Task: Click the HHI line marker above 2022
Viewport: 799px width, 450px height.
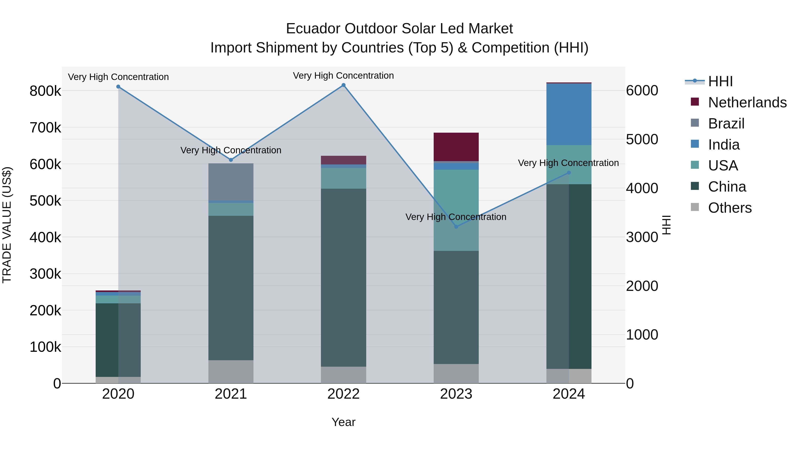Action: pyautogui.click(x=343, y=85)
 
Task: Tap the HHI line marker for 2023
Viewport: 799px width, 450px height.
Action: pyautogui.click(x=456, y=227)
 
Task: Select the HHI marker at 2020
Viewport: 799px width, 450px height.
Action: pyautogui.click(x=118, y=87)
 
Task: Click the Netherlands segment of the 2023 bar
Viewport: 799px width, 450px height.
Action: pyautogui.click(x=456, y=147)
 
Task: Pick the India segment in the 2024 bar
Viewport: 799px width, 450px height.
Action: pyautogui.click(x=569, y=114)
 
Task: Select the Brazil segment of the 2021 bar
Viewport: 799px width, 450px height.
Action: pyautogui.click(x=231, y=182)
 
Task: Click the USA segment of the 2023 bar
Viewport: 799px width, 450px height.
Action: pyautogui.click(x=456, y=210)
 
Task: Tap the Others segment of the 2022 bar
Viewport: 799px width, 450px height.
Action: pyautogui.click(x=343, y=375)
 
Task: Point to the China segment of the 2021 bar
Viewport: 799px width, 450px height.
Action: pyautogui.click(x=231, y=288)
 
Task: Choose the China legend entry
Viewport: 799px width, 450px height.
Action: pyautogui.click(x=727, y=187)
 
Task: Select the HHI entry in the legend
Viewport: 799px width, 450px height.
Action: pyautogui.click(x=720, y=81)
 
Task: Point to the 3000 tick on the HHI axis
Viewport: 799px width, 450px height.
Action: pyautogui.click(x=642, y=237)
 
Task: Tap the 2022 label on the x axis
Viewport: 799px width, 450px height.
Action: pyautogui.click(x=343, y=394)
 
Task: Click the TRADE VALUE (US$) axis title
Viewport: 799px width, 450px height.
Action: pyautogui.click(x=7, y=225)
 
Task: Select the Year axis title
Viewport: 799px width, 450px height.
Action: pyautogui.click(x=343, y=422)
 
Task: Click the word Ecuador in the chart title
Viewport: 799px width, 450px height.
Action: pyautogui.click(x=313, y=29)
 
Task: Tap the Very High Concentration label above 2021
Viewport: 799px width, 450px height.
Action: pyautogui.click(x=231, y=150)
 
